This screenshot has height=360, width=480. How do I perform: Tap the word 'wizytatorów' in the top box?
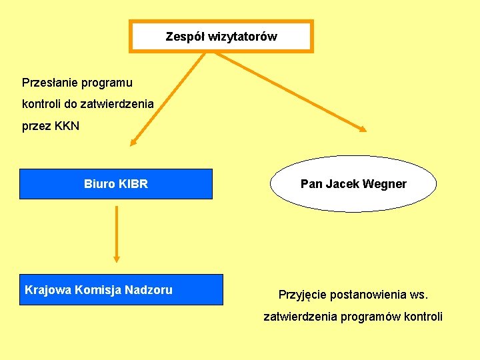tap(242, 37)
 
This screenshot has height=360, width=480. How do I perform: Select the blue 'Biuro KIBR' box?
tap(116, 184)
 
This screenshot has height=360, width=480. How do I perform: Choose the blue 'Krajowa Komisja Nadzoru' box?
tap(121, 290)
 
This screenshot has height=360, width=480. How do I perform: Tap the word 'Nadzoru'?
tap(148, 290)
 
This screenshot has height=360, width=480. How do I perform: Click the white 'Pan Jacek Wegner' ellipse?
tap(353, 184)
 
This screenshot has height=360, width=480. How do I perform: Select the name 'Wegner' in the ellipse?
tap(385, 184)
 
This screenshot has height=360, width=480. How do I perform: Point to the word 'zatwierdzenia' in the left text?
tap(120, 104)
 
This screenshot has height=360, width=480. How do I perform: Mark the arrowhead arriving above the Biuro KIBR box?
tap(133, 141)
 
